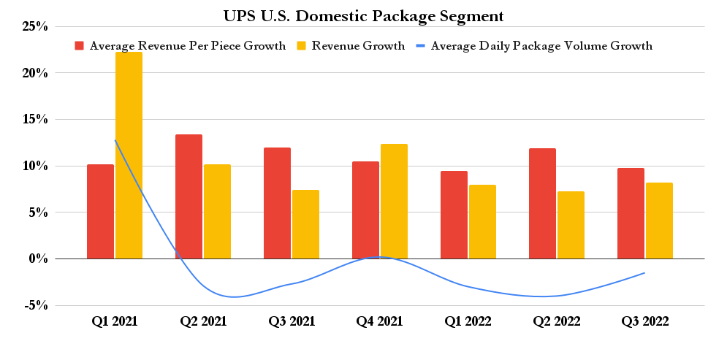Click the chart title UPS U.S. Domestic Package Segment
pyautogui.click(x=363, y=15)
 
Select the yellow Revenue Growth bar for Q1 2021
pyautogui.click(x=129, y=155)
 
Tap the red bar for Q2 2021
pyautogui.click(x=189, y=196)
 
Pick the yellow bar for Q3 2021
pyautogui.click(x=305, y=224)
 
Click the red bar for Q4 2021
pyautogui.click(x=365, y=210)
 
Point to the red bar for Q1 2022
pyautogui.click(x=454, y=215)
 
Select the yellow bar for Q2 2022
pyautogui.click(x=571, y=225)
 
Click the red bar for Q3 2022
pyautogui.click(x=631, y=213)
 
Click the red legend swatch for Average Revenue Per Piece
pyautogui.click(x=80, y=46)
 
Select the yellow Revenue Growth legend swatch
pyautogui.click(x=301, y=46)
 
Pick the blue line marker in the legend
pyautogui.click(x=420, y=46)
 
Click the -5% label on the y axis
pyautogui.click(x=35, y=306)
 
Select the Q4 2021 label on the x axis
pyautogui.click(x=379, y=321)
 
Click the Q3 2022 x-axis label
pyautogui.click(x=644, y=321)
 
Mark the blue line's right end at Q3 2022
pyautogui.click(x=644, y=273)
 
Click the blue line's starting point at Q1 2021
pyautogui.click(x=115, y=140)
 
